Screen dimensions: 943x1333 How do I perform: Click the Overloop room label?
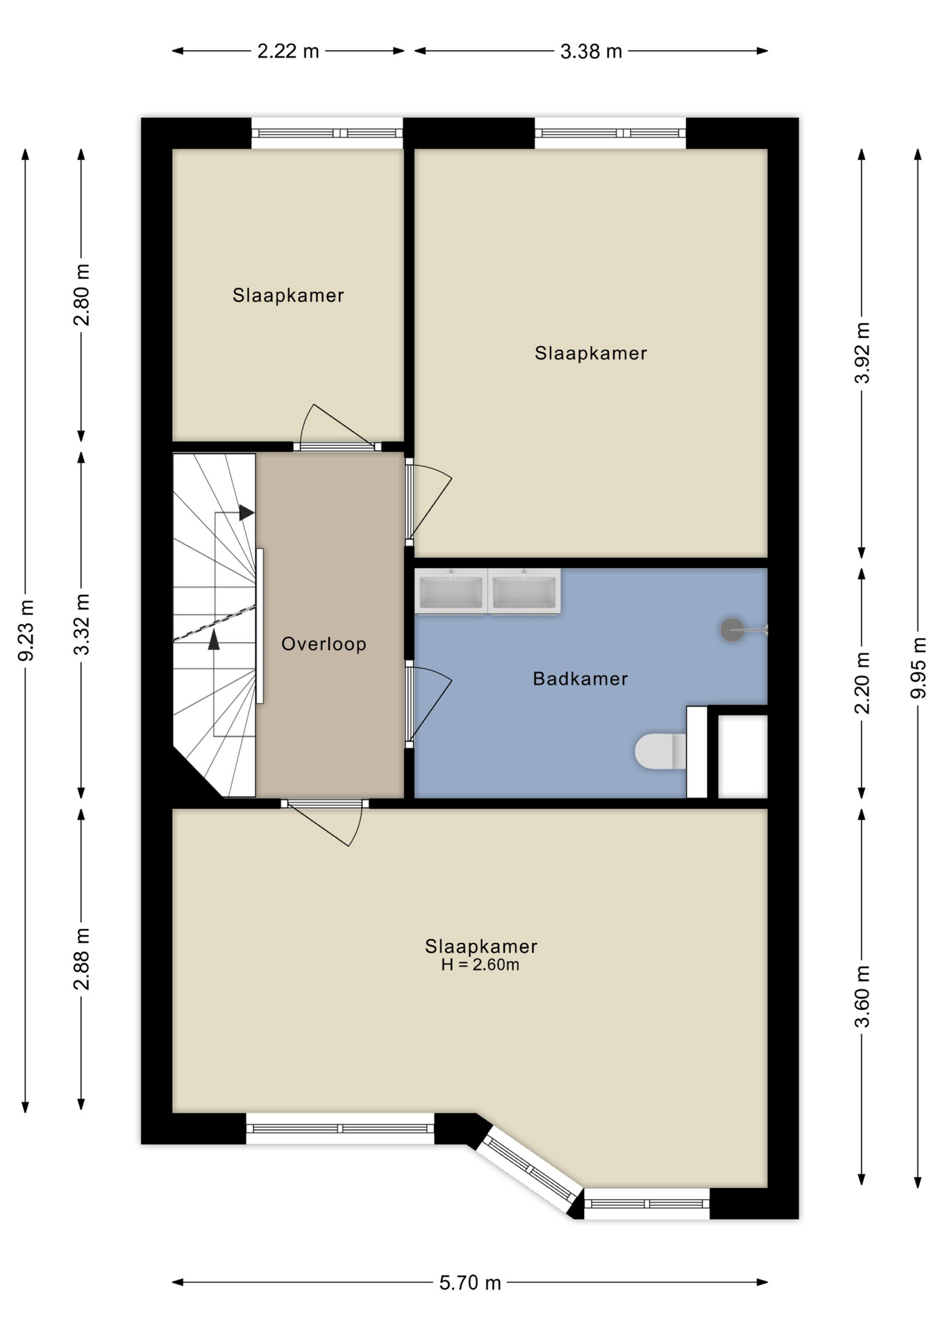tap(324, 644)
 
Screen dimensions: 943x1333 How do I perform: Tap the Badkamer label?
tap(581, 679)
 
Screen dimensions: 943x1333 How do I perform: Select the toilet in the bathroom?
tap(660, 751)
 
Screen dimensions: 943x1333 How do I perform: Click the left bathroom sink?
tap(451, 592)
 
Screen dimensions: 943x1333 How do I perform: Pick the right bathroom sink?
tap(524, 592)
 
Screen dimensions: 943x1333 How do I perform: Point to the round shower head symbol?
tap(732, 630)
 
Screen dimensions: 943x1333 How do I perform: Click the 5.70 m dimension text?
tap(470, 1282)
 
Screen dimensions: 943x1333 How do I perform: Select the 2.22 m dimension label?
tap(288, 51)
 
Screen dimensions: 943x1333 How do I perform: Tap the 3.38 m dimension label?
tap(591, 51)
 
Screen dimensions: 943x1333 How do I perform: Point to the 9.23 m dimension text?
tap(26, 630)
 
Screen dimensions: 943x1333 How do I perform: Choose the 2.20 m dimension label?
tap(862, 683)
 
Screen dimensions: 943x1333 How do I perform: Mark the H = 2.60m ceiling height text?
tap(480, 965)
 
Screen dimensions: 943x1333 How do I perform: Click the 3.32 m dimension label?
tap(82, 625)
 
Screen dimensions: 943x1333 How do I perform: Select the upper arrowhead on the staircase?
tap(247, 513)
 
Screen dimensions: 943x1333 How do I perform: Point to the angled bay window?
tap(529, 1171)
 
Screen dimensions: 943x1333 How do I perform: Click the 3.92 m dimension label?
tap(862, 353)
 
